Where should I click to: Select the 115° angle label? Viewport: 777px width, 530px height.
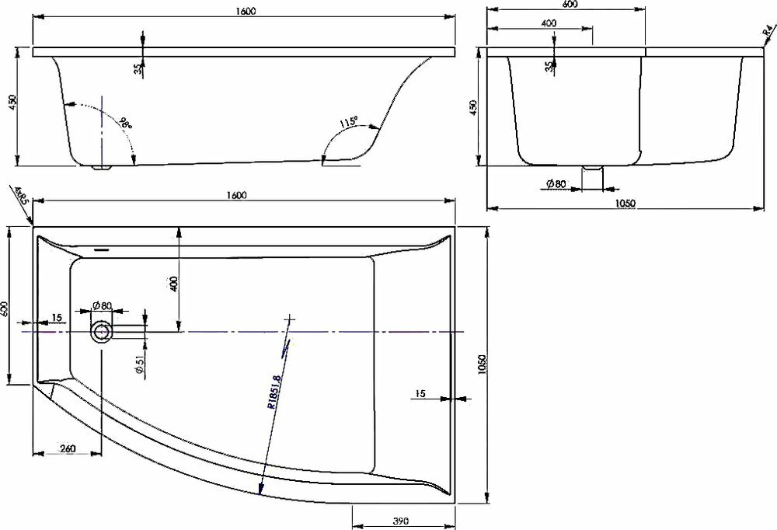pyautogui.click(x=349, y=123)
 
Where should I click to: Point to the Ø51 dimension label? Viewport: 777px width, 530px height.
pyautogui.click(x=138, y=364)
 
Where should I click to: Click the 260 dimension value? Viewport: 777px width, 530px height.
pyautogui.click(x=67, y=449)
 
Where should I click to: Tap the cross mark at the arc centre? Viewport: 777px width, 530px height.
pyautogui.click(x=290, y=319)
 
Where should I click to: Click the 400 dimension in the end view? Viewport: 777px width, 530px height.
pyautogui.click(x=549, y=23)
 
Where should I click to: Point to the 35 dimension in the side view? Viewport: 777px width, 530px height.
pyautogui.click(x=138, y=68)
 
